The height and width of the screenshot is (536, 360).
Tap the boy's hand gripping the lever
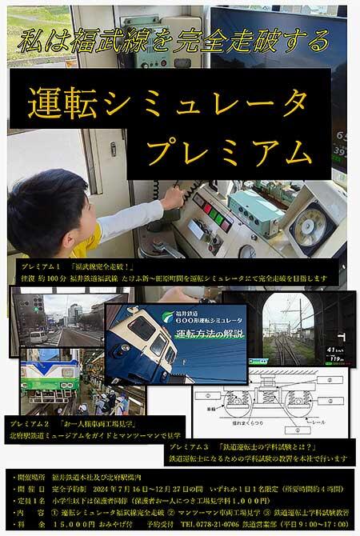pos(172,196)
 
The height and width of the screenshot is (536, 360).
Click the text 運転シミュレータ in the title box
pos(167,102)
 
